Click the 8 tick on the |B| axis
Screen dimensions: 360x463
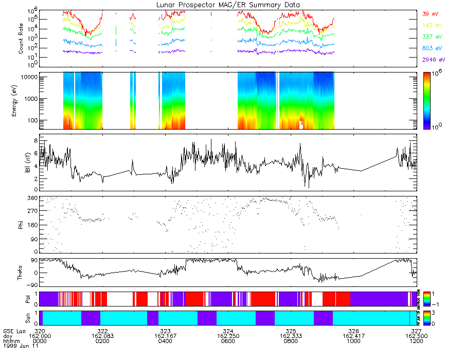(35, 140)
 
